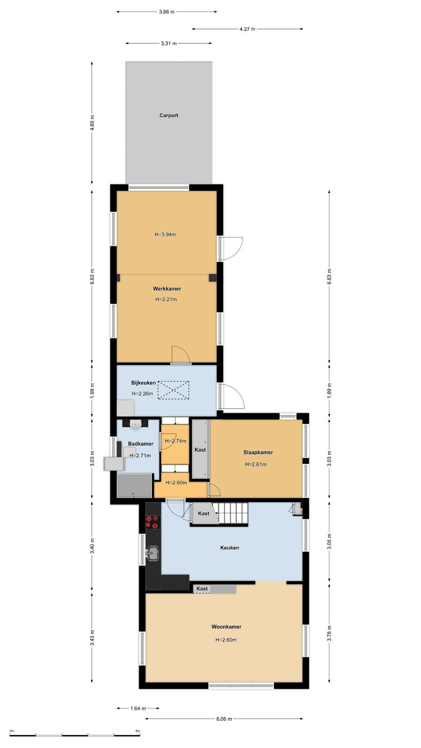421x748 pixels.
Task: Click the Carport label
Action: [169, 115]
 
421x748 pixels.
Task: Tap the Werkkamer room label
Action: [167, 289]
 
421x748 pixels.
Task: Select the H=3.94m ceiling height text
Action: [166, 234]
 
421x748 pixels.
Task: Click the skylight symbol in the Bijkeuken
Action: [174, 390]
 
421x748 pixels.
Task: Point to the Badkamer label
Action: [141, 444]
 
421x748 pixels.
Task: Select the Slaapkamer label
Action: [258, 453]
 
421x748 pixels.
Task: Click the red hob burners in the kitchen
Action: [152, 522]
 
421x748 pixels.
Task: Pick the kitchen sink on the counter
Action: [153, 554]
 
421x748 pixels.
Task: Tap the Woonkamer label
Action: [226, 627]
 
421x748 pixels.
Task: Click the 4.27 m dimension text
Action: [247, 29]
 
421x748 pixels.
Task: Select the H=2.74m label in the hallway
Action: [176, 441]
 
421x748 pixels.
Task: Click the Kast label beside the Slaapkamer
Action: [200, 450]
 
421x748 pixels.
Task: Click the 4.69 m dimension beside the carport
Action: [92, 122]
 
